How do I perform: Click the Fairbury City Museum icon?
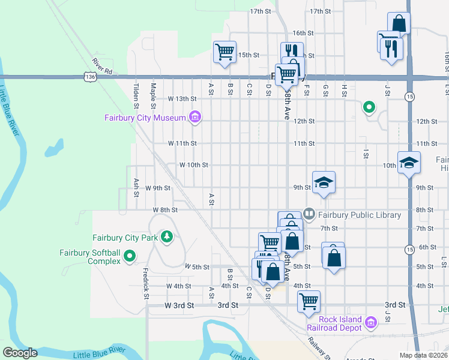tap(194, 117)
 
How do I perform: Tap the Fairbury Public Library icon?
tap(309, 213)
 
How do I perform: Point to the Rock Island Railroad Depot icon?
tap(370, 324)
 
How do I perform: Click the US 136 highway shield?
tap(89, 77)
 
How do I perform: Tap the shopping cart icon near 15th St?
tap(225, 52)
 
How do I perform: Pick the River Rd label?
tap(103, 66)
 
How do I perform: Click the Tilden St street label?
tap(137, 96)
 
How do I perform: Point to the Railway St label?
tap(316, 347)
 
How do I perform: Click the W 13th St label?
tap(182, 98)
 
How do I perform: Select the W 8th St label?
tap(166, 210)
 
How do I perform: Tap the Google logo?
tap(20, 353)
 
